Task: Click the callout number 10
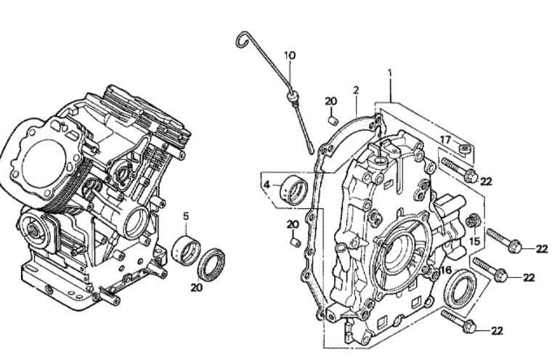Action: click(x=290, y=55)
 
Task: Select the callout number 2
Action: click(x=356, y=90)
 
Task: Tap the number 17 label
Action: click(x=445, y=140)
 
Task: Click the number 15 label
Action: click(x=475, y=242)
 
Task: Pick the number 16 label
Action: click(x=446, y=270)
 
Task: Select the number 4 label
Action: click(x=267, y=184)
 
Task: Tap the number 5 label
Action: click(x=186, y=216)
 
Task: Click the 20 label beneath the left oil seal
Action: click(x=197, y=287)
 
